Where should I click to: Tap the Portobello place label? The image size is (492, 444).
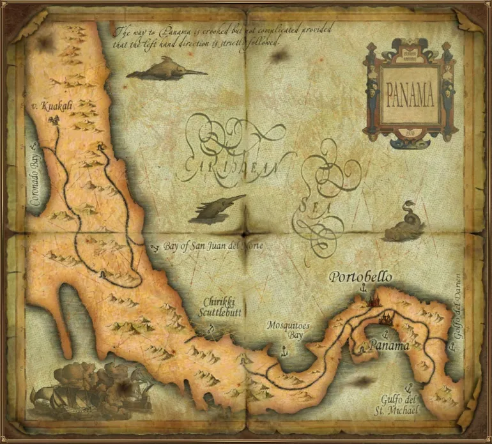tap(360, 277)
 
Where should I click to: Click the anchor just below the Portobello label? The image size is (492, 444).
tap(362, 291)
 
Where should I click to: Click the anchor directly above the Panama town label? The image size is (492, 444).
tap(385, 333)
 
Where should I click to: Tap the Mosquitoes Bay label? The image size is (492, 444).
tap(288, 330)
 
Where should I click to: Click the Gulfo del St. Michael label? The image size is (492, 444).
tap(399, 403)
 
